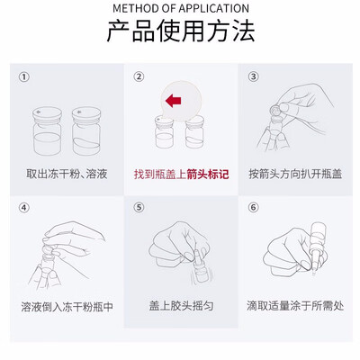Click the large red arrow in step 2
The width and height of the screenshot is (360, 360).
tap(173, 100)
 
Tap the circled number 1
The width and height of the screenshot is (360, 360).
tap(24, 77)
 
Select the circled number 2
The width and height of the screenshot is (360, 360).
tap(139, 76)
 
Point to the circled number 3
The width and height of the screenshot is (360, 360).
tap(253, 76)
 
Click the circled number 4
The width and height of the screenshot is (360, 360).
tap(24, 208)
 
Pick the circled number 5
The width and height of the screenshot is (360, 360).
tap(139, 207)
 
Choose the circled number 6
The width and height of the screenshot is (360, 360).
tap(253, 207)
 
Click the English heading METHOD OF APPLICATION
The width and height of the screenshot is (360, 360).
tap(181, 8)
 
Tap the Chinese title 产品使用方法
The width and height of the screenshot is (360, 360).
tap(181, 31)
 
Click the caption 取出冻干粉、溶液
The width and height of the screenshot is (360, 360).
tap(67, 174)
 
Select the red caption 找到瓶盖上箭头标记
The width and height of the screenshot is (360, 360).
tap(181, 175)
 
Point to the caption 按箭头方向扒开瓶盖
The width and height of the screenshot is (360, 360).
tap(295, 174)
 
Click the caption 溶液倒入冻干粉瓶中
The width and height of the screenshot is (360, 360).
tap(67, 307)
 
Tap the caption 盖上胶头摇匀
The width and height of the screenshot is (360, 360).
tap(181, 306)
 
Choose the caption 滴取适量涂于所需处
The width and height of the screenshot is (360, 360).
tap(295, 306)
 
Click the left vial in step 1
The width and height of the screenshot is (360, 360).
tap(47, 130)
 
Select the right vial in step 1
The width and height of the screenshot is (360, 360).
tap(86, 130)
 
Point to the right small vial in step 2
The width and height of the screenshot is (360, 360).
tap(194, 132)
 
